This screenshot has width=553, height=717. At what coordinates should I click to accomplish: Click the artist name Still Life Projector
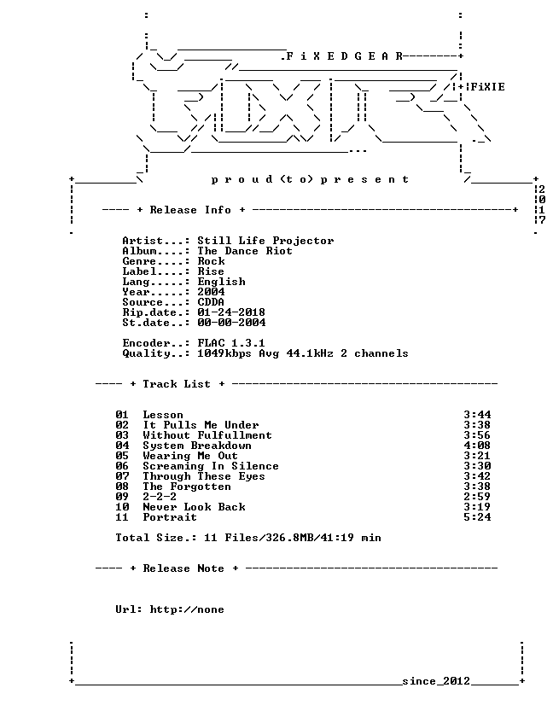coord(265,241)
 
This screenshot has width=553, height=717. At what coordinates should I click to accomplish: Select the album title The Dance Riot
coord(245,251)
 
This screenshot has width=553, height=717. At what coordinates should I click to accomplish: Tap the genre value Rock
coord(211,261)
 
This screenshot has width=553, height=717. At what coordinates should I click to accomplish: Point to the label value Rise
coord(211,271)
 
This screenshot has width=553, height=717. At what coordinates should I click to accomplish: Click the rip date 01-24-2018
coord(231,312)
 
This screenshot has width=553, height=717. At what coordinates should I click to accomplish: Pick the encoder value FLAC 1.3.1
coord(231,343)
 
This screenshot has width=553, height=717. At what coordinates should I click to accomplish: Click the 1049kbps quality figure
coord(224,353)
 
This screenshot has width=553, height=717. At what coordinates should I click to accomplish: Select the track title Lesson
coord(163,415)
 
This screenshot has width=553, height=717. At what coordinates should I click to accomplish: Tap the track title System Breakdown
coord(197,446)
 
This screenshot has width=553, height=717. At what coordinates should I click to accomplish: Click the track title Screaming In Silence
coord(211,466)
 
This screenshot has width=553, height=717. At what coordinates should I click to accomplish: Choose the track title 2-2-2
coord(160,497)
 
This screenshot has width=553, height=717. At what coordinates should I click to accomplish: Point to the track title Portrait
coord(170,517)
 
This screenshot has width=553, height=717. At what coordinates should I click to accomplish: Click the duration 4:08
coord(477,446)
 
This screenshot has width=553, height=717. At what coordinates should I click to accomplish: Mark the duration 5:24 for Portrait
coord(477,517)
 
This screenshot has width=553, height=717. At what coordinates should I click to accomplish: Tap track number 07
coord(122,476)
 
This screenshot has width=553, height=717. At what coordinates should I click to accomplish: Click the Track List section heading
coord(177,384)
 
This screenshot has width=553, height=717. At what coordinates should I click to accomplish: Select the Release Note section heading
coord(183,568)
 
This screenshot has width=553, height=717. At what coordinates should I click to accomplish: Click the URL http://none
coord(187,609)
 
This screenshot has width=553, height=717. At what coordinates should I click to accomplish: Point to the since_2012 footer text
coord(436,681)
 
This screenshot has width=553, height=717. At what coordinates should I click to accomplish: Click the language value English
coord(221,282)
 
